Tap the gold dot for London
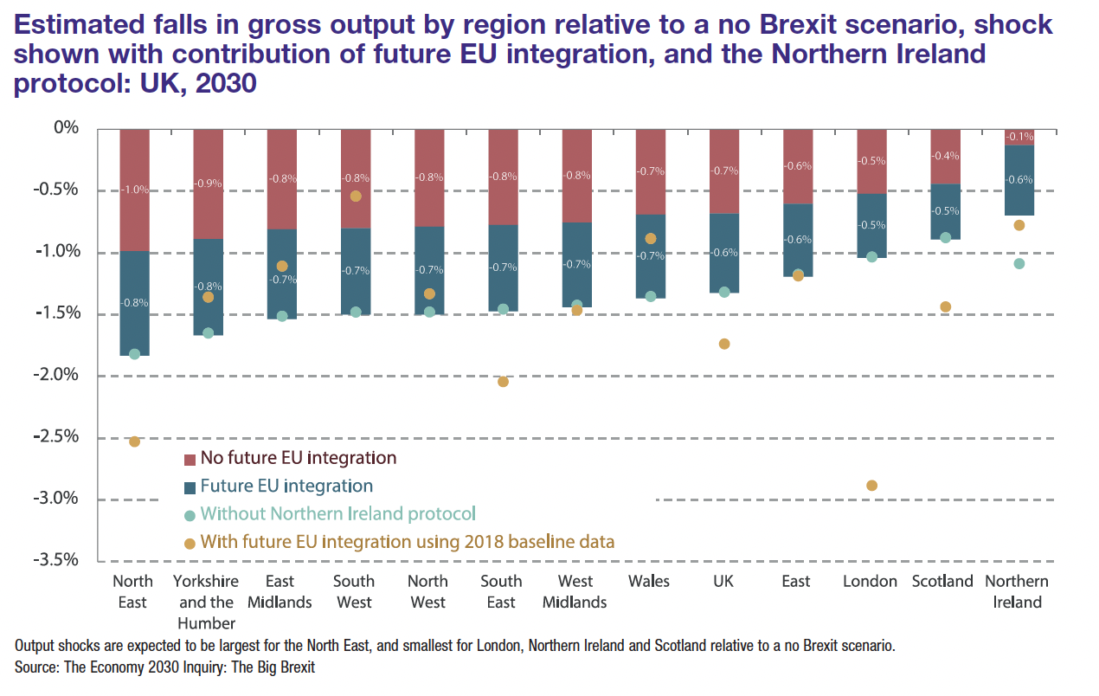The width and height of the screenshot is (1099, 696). pyautogui.click(x=871, y=486)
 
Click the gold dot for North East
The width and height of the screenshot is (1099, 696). pyautogui.click(x=134, y=441)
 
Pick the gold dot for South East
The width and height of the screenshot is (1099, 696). pyautogui.click(x=503, y=382)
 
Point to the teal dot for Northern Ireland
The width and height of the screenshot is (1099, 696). pyautogui.click(x=1019, y=263)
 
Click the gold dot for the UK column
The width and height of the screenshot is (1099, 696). pyautogui.click(x=723, y=344)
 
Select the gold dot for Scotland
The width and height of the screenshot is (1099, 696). pyautogui.click(x=945, y=306)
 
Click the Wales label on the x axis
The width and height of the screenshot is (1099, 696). pyautogui.click(x=649, y=581)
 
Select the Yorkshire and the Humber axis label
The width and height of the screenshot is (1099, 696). pyautogui.click(x=207, y=602)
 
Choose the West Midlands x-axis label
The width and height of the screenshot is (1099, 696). pyautogui.click(x=575, y=591)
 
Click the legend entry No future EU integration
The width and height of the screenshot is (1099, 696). pyautogui.click(x=298, y=458)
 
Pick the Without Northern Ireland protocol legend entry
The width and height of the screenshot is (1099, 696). pyautogui.click(x=337, y=513)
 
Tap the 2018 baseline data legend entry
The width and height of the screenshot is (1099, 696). pyautogui.click(x=407, y=542)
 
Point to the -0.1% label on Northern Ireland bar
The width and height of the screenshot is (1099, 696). pyautogui.click(x=1019, y=137)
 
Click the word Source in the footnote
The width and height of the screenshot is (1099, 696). pyautogui.click(x=35, y=668)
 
